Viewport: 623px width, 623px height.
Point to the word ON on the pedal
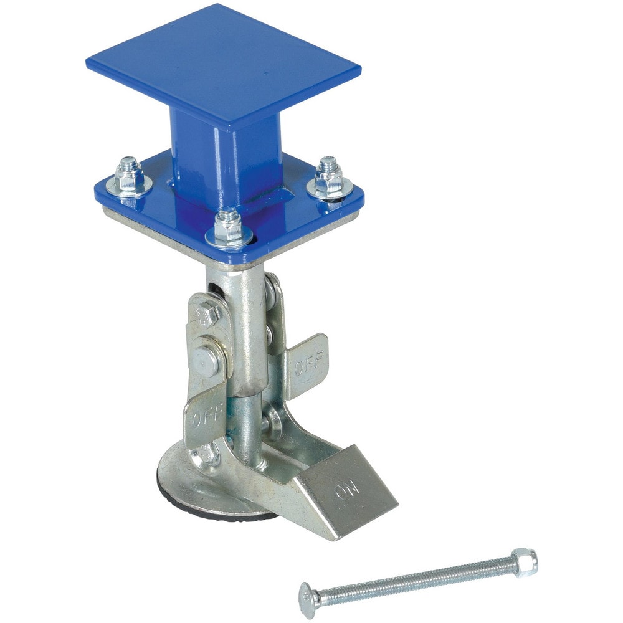point(347,490)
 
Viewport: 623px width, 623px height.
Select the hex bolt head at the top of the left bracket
point(204,313)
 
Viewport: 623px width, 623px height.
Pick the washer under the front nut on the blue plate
point(229,237)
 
